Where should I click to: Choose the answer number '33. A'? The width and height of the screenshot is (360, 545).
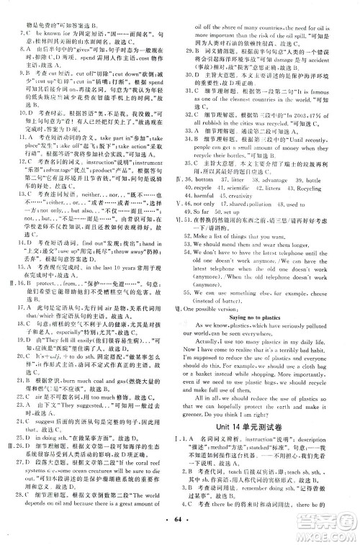point(191,132)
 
